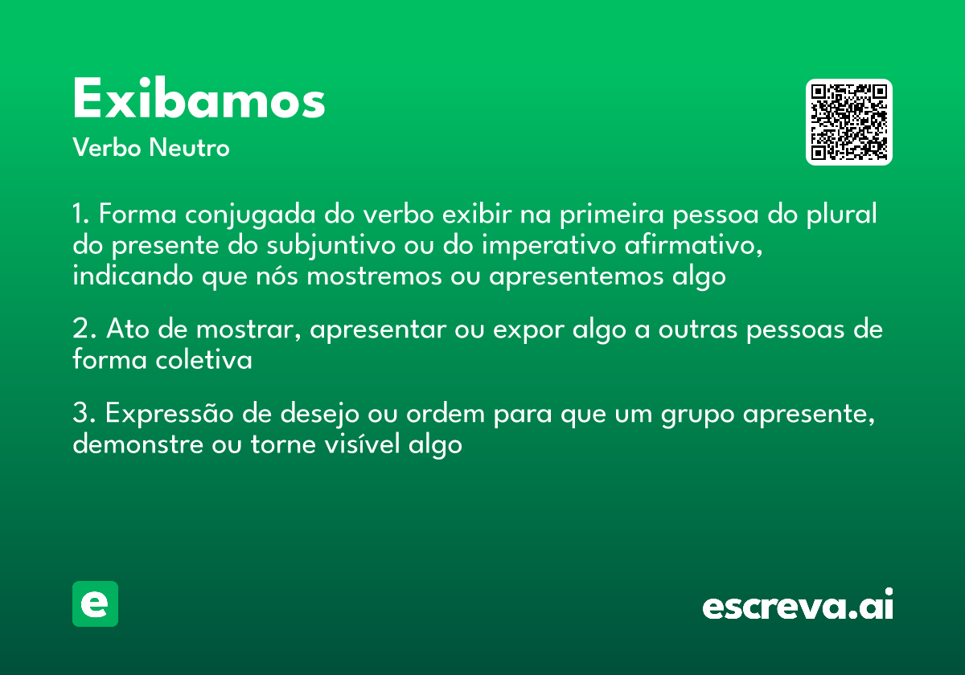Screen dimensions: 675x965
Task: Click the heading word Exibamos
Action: pyautogui.click(x=199, y=100)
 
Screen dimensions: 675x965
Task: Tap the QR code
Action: pyautogui.click(x=849, y=122)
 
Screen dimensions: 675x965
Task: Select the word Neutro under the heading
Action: pyautogui.click(x=189, y=148)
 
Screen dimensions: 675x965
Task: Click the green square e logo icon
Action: pyautogui.click(x=95, y=603)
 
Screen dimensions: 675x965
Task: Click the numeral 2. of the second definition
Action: pyautogui.click(x=84, y=329)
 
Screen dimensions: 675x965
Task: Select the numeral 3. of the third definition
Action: pyautogui.click(x=84, y=415)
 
